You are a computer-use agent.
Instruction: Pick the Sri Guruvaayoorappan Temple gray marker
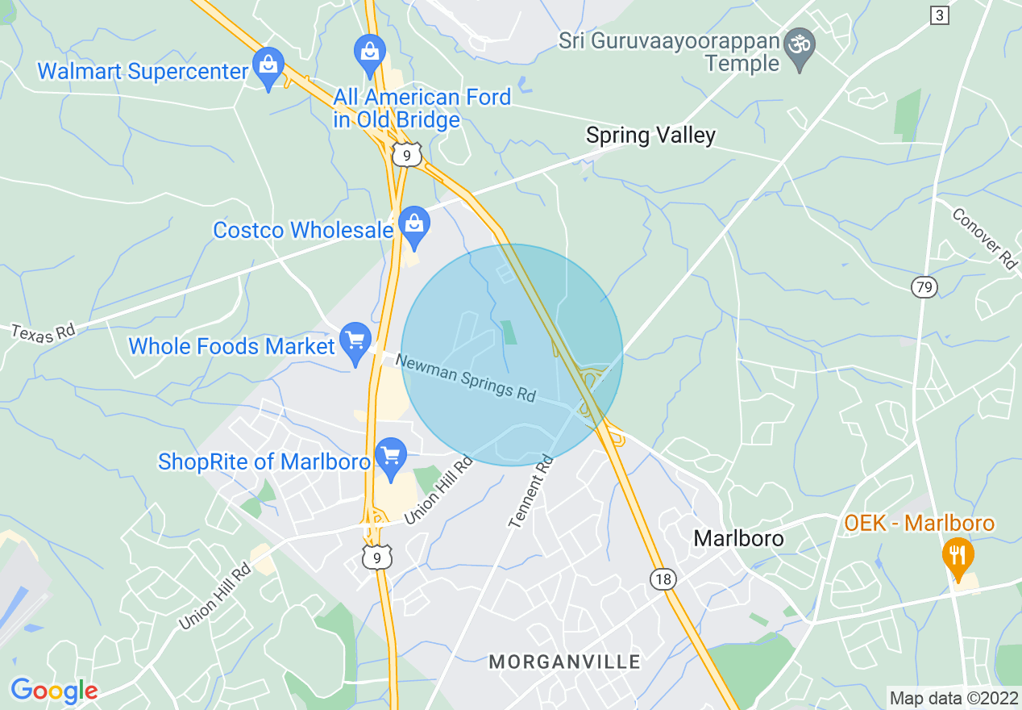[x=800, y=47]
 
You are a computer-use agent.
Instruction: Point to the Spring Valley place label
[x=650, y=135]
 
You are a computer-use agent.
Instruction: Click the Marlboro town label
[x=738, y=538]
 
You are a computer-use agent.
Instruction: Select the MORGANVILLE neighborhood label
[x=565, y=662]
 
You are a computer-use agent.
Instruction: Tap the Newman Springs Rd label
[x=466, y=378]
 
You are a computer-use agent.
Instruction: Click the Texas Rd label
[x=42, y=332]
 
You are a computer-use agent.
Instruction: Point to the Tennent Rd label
[x=533, y=491]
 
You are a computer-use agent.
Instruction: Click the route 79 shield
[x=924, y=286]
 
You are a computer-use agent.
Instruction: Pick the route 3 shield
[x=939, y=15]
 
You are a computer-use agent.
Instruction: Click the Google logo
[x=54, y=691]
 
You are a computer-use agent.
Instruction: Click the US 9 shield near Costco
[x=406, y=154]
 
